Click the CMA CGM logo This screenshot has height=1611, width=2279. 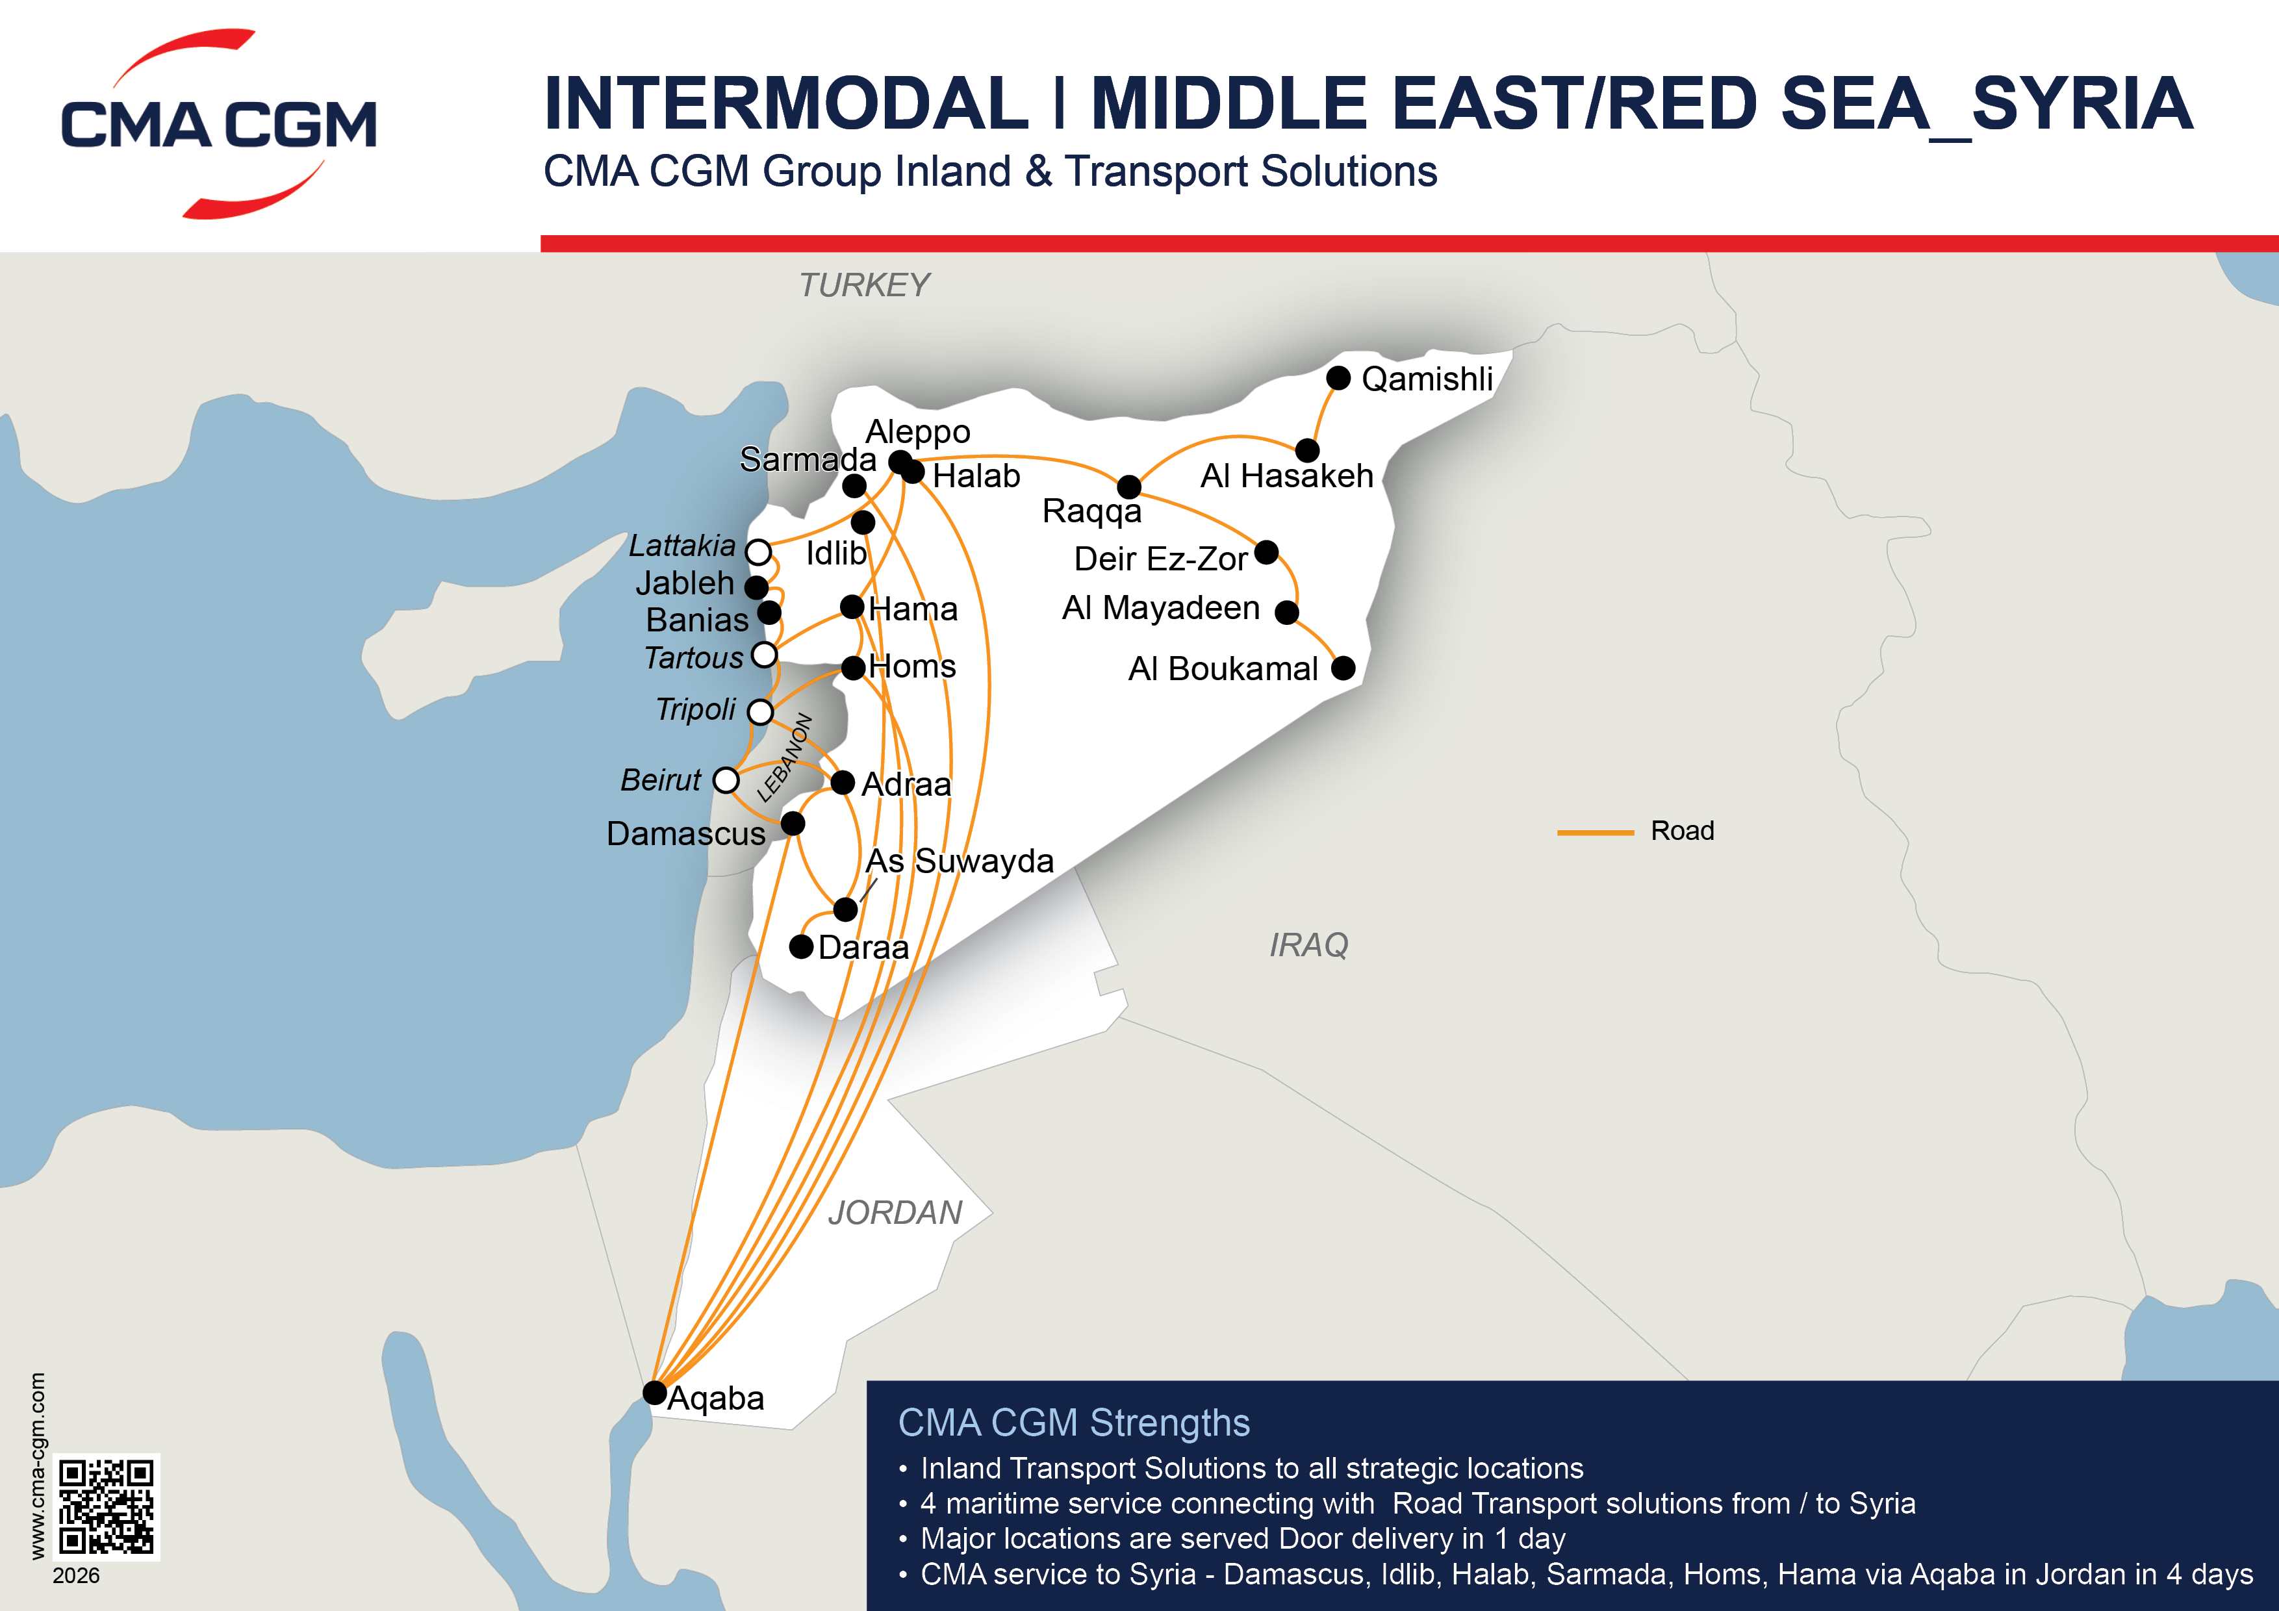tap(218, 124)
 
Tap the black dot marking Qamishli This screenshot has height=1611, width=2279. tap(1338, 378)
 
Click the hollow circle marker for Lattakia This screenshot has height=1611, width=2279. tap(758, 552)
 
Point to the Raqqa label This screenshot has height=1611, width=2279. tap(1092, 511)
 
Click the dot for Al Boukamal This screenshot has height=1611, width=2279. tap(1343, 668)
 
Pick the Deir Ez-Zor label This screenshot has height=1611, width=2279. tap(1160, 559)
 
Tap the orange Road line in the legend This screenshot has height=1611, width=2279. tap(1595, 831)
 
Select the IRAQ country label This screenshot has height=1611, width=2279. tap(1308, 945)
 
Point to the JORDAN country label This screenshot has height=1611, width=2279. tap(895, 1212)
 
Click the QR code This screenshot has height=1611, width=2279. tap(106, 1506)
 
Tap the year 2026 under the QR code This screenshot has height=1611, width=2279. tap(77, 1575)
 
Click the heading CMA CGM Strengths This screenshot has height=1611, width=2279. tap(1073, 1423)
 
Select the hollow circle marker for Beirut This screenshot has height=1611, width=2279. tap(726, 780)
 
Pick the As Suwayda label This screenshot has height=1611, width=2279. tap(959, 861)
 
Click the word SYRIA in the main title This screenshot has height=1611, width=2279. tap(2082, 104)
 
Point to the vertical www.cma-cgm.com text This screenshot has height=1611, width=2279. tap(37, 1465)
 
